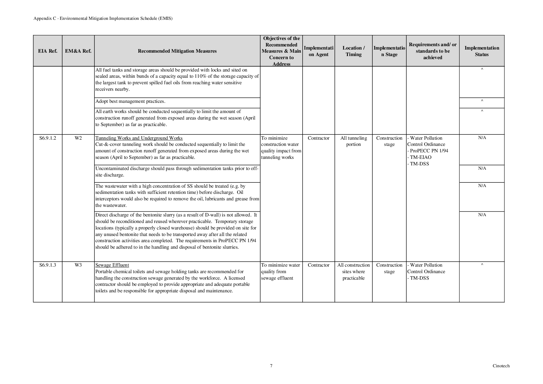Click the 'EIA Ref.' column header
[48, 51]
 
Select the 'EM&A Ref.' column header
[78, 51]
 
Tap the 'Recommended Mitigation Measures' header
[177, 51]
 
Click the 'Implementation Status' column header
[482, 51]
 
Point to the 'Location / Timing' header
[353, 51]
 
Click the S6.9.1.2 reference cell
[48, 138]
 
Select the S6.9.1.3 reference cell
[48, 265]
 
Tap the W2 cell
[78, 138]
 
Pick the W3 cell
[78, 265]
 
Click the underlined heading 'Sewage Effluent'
[112, 265]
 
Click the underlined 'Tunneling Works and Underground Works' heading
[139, 138]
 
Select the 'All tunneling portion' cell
[353, 141]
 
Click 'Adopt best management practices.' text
[130, 102]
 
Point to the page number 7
[271, 366]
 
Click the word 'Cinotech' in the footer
[501, 366]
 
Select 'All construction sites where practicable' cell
[353, 272]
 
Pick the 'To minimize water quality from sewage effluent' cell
[281, 272]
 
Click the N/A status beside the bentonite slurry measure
[482, 215]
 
